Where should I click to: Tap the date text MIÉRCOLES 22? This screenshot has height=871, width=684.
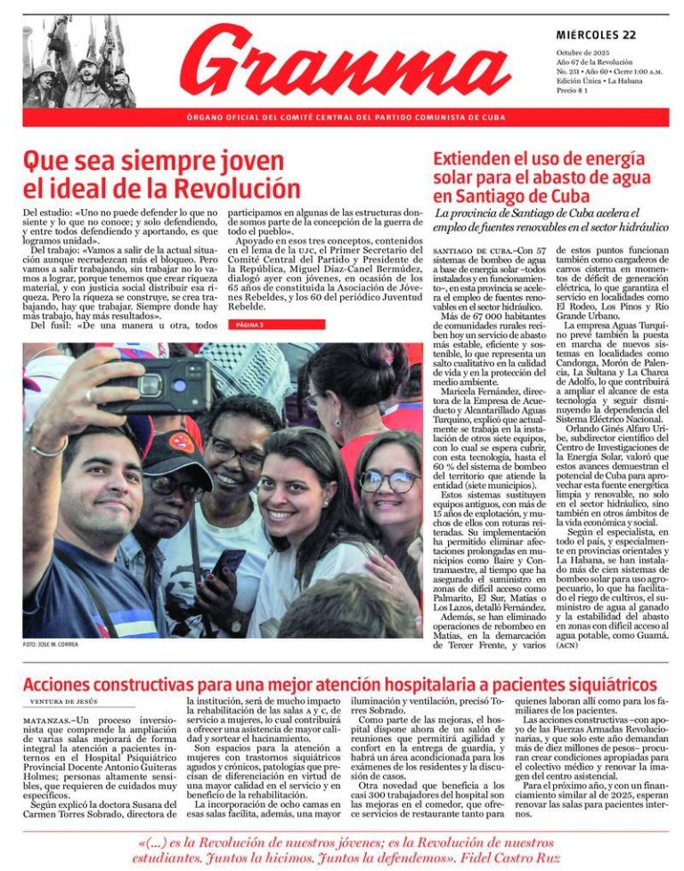click(596, 35)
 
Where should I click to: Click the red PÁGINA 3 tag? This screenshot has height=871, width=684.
click(250, 325)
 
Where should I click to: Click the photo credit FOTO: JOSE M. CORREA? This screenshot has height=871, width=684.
click(51, 644)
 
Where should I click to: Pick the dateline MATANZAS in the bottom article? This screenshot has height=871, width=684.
click(45, 719)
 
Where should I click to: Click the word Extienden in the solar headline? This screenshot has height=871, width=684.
click(474, 158)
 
